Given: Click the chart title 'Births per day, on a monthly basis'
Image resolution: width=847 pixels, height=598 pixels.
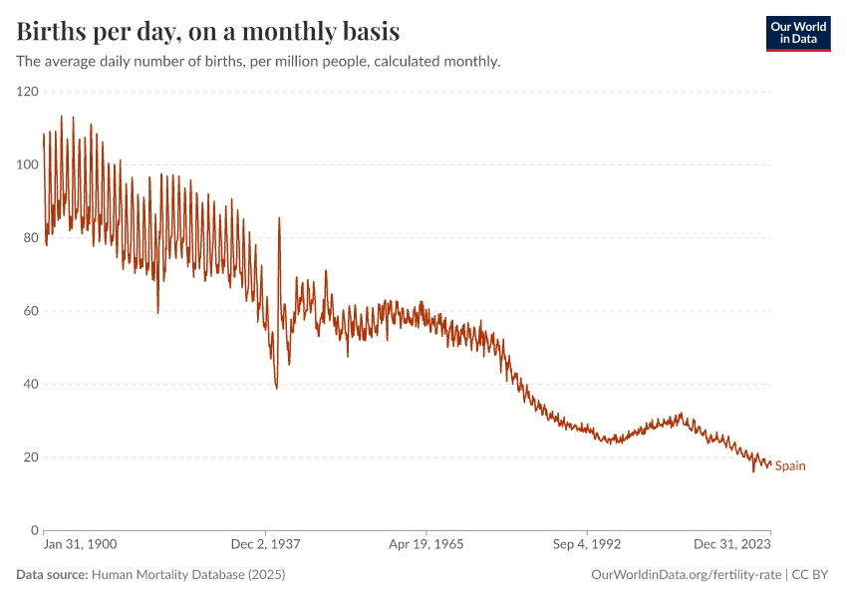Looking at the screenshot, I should point(208,31).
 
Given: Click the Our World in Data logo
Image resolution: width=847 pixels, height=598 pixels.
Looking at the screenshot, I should point(797,33).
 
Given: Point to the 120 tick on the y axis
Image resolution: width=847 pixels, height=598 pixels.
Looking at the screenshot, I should point(27,92).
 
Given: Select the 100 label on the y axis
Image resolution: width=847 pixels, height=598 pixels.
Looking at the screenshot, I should point(27,164).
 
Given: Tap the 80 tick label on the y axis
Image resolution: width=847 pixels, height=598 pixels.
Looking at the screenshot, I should point(30,237).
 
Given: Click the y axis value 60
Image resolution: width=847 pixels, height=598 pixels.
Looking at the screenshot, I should point(30,311).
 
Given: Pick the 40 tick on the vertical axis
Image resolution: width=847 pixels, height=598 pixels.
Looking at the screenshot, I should point(30,384).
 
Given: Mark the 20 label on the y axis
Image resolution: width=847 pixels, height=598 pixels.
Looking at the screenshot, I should point(30,457).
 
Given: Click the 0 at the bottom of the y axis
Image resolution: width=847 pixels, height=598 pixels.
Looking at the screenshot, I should point(34,530).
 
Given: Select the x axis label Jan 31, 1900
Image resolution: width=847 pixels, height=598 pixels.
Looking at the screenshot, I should point(81,545).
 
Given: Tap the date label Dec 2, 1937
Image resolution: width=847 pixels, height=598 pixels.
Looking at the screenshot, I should point(265,545).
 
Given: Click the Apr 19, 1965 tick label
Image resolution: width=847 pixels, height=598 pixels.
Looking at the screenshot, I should point(425,545).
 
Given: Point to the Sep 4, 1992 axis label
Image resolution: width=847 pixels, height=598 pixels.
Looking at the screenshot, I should point(587,545).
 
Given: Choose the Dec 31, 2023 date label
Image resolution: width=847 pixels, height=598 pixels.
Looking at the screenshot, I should point(732,545).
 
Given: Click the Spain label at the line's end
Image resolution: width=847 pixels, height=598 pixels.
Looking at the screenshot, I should point(790,465).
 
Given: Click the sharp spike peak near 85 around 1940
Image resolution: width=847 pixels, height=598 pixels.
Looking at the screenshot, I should point(279,218).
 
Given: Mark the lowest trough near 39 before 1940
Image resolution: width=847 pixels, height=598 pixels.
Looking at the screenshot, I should point(276,388).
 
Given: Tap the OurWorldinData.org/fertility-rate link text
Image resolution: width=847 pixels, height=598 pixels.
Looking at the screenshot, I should point(686,575).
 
